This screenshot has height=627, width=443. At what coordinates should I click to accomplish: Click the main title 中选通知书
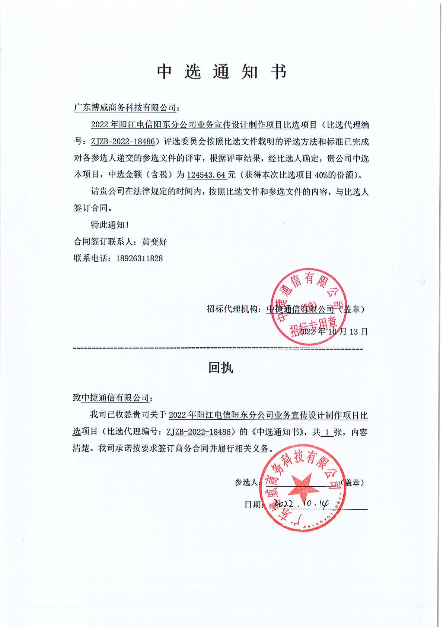(x=221, y=71)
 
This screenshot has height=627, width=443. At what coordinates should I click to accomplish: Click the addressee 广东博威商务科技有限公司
(x=125, y=108)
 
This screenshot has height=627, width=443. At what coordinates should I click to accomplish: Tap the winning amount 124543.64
(x=206, y=175)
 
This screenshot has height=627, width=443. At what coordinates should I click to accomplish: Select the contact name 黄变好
(x=154, y=242)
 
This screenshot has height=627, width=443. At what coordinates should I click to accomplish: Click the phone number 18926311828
(x=139, y=258)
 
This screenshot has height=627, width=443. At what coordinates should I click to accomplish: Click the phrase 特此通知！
(x=110, y=225)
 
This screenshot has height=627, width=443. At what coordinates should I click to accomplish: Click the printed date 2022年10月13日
(x=333, y=331)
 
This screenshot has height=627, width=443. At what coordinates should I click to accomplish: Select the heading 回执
(x=220, y=367)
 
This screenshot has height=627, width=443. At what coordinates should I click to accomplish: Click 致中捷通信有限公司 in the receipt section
(x=111, y=398)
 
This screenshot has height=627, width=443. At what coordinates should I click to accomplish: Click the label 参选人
(x=246, y=483)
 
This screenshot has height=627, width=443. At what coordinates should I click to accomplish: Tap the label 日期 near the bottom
(x=253, y=505)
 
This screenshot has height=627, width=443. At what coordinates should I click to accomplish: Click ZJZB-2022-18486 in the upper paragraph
(x=123, y=142)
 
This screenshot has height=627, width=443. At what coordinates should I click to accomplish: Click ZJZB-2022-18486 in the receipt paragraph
(x=198, y=432)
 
